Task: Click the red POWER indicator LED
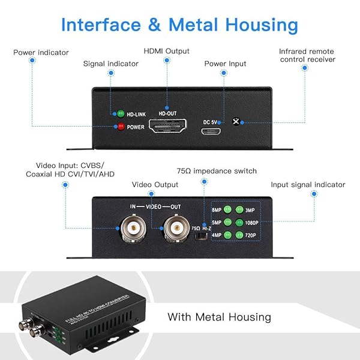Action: point(121,127)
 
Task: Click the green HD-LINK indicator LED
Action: point(121,113)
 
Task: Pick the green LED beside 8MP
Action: point(227,210)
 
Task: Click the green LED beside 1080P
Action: point(239,222)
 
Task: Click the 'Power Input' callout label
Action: point(225,64)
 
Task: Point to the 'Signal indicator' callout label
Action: point(111,63)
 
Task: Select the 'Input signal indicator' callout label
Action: point(308,185)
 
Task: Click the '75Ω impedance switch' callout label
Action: point(217,171)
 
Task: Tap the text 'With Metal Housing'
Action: point(219,317)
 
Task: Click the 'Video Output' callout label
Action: point(155,185)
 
